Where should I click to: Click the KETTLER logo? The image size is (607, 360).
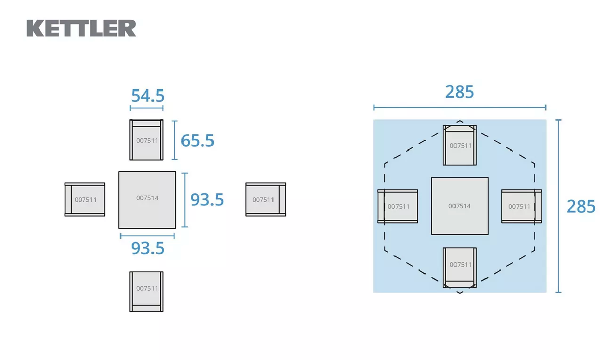click(x=81, y=28)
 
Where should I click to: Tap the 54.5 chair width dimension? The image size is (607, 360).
click(x=147, y=96)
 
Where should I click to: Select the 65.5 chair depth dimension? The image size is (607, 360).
click(x=197, y=140)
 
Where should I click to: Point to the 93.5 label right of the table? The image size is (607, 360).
click(x=207, y=200)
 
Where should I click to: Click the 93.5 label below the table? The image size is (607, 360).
click(x=147, y=248)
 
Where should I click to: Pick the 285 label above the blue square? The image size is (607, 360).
click(x=460, y=92)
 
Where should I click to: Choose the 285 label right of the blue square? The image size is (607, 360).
click(x=581, y=207)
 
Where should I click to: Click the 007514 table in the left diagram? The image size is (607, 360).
click(x=147, y=200)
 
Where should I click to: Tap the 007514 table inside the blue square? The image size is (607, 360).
click(x=460, y=206)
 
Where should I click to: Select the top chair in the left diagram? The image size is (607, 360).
click(x=146, y=140)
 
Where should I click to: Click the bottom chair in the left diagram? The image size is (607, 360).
click(x=146, y=291)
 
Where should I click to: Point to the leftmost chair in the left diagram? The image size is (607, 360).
click(x=85, y=199)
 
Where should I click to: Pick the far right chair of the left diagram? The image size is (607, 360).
click(x=265, y=199)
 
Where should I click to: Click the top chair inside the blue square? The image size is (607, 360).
click(x=460, y=145)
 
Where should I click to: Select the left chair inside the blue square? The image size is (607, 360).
click(x=398, y=206)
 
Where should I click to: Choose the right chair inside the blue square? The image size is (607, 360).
click(x=522, y=206)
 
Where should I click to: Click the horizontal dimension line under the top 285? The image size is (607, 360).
click(x=460, y=108)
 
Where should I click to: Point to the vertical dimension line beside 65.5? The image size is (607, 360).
click(x=174, y=140)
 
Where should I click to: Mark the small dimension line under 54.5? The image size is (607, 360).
click(x=146, y=108)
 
